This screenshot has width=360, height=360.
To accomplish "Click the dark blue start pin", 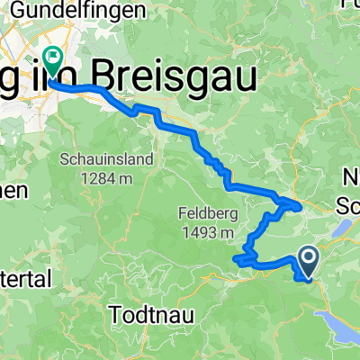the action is [x=308, y=263].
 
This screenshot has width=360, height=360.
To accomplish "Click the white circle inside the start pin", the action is [x=308, y=259].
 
